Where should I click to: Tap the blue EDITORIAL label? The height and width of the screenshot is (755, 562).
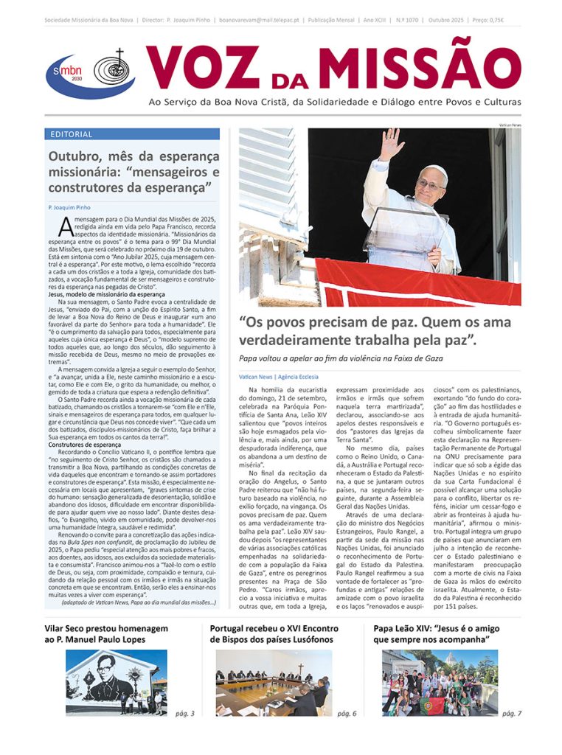72,134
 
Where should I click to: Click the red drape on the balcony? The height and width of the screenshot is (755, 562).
413,284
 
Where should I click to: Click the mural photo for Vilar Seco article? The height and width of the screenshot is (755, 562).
116,683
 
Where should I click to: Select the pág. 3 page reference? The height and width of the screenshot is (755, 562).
184,713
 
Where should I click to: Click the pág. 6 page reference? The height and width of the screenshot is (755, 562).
347,713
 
